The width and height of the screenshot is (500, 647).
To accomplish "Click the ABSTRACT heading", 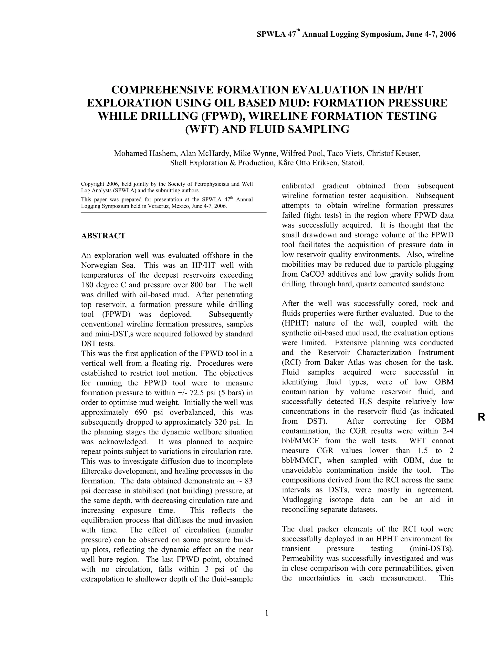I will (103, 236).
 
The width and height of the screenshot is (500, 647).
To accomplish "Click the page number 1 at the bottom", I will (266, 613).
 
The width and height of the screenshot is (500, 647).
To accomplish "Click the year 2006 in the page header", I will (447, 34).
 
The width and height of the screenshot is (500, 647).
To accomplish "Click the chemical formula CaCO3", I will (318, 274).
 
